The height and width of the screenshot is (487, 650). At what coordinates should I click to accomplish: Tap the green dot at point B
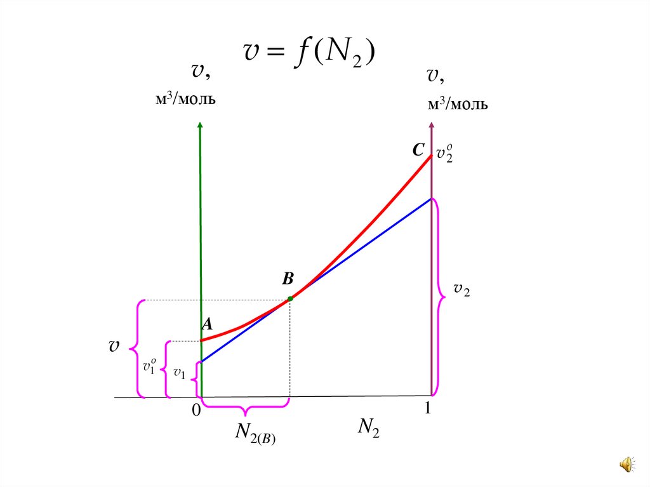point(290,298)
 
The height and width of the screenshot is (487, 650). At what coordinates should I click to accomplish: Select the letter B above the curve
point(288,279)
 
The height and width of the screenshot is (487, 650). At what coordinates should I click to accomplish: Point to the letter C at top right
point(418,150)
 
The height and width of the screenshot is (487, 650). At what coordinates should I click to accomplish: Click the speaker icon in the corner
point(626,465)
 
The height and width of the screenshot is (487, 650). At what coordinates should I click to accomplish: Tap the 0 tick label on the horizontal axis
point(196,411)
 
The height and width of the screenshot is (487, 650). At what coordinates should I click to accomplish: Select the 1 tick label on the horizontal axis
point(428,410)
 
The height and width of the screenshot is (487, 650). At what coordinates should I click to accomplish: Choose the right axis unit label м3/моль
point(457,104)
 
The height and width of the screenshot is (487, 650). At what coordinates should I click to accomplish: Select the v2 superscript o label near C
point(444,154)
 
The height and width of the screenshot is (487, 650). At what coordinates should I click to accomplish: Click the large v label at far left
point(114,347)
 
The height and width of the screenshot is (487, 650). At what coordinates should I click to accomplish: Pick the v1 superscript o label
point(150,366)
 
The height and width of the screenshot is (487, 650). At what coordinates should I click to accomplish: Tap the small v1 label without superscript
point(180,374)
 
